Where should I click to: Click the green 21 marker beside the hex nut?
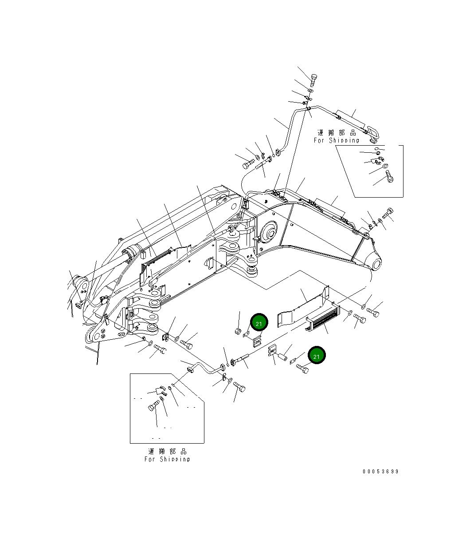pos(259,324)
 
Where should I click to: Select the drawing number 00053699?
pos(380,472)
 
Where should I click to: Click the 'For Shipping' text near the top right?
pos(337,140)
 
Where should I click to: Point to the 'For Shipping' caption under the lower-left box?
pos(167,459)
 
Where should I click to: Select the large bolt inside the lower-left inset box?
pos(153,406)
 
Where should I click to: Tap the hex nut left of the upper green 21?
pos(238,331)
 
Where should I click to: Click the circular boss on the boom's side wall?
pos(269,233)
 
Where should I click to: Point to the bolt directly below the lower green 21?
pos(303,369)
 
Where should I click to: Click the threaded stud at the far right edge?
pos(388,214)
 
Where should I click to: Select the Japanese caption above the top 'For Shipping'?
pos(337,133)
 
